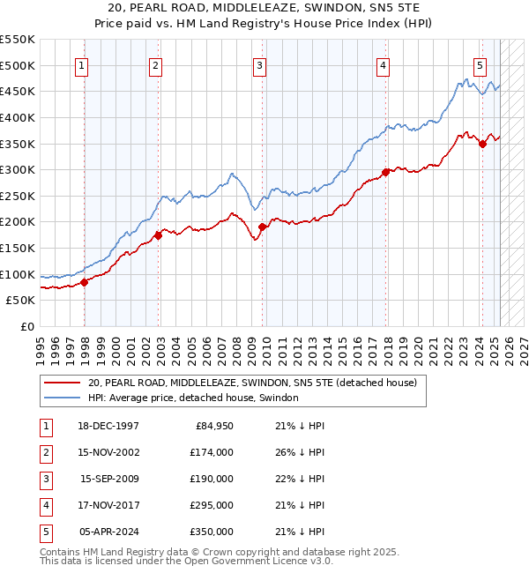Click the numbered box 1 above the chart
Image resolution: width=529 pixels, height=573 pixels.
click(x=81, y=64)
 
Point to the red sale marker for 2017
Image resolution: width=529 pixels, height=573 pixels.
click(x=385, y=172)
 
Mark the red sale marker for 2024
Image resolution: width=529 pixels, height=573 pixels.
click(x=482, y=144)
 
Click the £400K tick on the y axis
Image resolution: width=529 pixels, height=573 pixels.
click(x=18, y=117)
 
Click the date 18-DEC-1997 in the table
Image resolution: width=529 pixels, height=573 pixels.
click(x=109, y=426)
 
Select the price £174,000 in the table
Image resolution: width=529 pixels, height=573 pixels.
click(x=212, y=452)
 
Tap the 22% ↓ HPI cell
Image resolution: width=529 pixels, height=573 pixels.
click(x=294, y=479)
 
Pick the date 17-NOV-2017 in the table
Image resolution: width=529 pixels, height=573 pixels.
click(x=109, y=505)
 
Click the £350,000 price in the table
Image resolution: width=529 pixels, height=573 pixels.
click(x=212, y=532)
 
